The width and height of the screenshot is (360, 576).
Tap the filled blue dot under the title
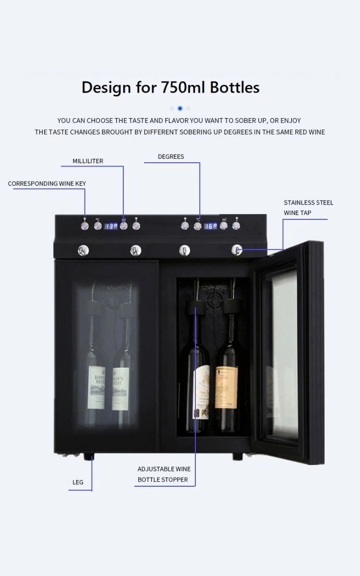180,108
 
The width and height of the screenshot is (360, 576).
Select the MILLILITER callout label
88,161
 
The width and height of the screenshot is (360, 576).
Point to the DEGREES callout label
171,156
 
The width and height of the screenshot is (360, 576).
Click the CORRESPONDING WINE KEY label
47,184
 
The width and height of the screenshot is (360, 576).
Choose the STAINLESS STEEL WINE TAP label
308,207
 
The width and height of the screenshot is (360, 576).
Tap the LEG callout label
78,482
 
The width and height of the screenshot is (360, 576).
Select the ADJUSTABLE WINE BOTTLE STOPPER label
164,474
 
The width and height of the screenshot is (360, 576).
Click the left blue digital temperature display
111,226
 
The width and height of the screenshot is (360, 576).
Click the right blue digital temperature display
210,226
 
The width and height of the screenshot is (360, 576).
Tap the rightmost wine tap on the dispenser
237,250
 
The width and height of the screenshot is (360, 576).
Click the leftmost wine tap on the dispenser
83,250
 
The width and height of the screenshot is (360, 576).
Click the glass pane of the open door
281,355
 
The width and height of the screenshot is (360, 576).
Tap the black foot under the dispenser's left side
88,457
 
